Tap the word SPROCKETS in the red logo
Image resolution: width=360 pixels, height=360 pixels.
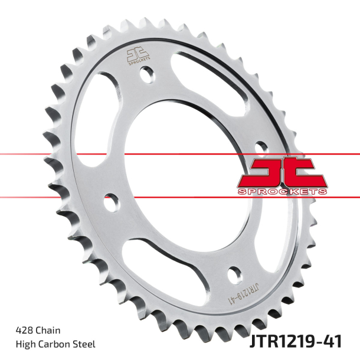(x=283, y=191)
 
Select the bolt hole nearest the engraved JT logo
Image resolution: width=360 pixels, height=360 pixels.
(x=146, y=75)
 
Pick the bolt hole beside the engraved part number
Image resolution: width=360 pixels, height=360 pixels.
(x=234, y=274)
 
